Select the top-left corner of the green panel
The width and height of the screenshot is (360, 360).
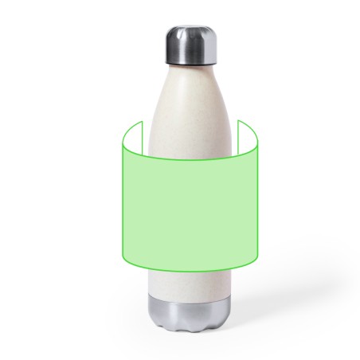(x=121, y=139)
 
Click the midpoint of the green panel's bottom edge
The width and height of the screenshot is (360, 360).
(x=190, y=272)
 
